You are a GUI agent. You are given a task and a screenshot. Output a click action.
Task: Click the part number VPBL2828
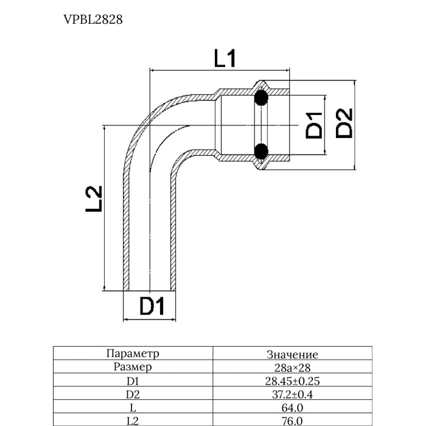point(93,19)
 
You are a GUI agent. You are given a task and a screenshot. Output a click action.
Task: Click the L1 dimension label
point(225,59)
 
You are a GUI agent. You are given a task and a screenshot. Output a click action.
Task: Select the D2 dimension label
point(345,122)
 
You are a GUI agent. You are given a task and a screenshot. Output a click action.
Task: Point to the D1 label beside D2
point(313,125)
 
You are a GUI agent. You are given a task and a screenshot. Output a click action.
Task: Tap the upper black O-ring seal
point(261,97)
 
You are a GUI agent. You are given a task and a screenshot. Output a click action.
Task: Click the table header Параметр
point(132,354)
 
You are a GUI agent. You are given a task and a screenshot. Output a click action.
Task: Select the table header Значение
point(292,354)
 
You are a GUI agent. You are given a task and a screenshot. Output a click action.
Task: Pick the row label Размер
point(132,367)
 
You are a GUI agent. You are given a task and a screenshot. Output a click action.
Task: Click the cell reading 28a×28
point(292,368)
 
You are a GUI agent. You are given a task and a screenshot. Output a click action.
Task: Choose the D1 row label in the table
point(132,381)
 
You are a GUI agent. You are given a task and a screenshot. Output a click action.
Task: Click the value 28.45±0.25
point(292,382)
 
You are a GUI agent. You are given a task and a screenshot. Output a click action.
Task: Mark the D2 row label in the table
point(132,394)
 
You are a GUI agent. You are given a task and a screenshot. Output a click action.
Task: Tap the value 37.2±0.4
point(292,395)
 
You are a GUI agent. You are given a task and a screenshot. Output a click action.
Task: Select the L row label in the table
point(132,408)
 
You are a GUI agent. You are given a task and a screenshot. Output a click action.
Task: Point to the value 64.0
point(292,408)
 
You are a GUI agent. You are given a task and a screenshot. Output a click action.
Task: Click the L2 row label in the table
point(132,421)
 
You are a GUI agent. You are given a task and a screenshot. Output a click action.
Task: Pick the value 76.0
point(292,421)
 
